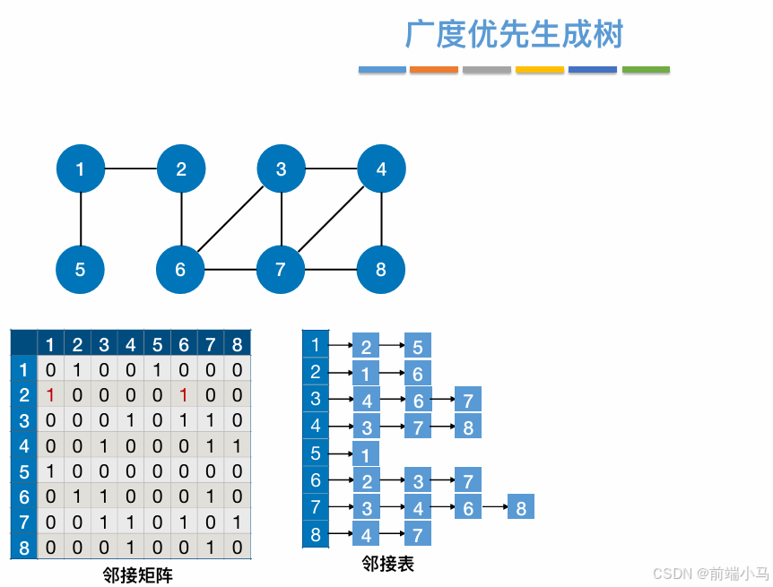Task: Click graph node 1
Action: pyautogui.click(x=81, y=168)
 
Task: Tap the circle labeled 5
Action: pyautogui.click(x=81, y=270)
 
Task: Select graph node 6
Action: pyautogui.click(x=180, y=270)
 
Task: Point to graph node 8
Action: pyautogui.click(x=381, y=270)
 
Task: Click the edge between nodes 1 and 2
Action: pyautogui.click(x=131, y=168)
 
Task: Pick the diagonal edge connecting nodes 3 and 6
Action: pyautogui.click(x=231, y=219)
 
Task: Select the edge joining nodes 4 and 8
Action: pyautogui.click(x=382, y=219)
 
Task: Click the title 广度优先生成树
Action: pyautogui.click(x=514, y=35)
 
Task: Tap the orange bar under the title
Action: pyautogui.click(x=434, y=70)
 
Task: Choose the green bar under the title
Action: pyautogui.click(x=646, y=70)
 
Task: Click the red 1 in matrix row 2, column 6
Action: pyautogui.click(x=184, y=395)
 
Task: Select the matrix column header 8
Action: pyautogui.click(x=237, y=344)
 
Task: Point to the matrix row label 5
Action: pyautogui.click(x=24, y=471)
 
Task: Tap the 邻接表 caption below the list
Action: pyautogui.click(x=388, y=564)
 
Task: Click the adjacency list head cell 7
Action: pyautogui.click(x=316, y=507)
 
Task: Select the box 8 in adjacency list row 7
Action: pyautogui.click(x=521, y=508)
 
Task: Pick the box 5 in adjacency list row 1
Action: pyautogui.click(x=418, y=346)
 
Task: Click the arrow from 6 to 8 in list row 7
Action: pyautogui.click(x=494, y=508)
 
